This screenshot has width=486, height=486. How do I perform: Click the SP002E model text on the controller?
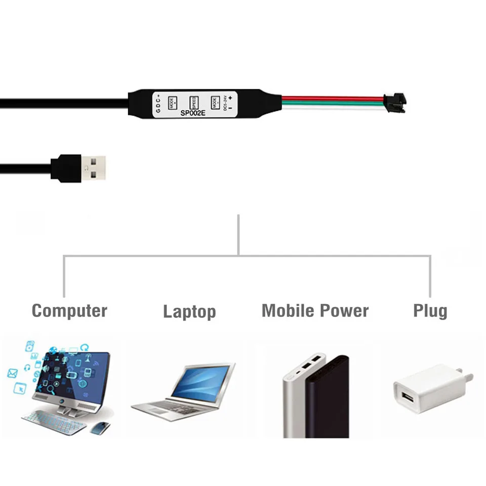pyautogui.click(x=192, y=113)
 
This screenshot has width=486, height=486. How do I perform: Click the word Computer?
pyautogui.click(x=69, y=310)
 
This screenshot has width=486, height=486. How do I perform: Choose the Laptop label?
pyautogui.click(x=189, y=311)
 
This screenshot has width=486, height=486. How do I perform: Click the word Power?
pyautogui.click(x=346, y=310)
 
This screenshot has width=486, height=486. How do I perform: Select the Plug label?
pyautogui.click(x=430, y=311)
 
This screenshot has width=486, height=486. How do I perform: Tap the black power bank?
pyautogui.click(x=329, y=400)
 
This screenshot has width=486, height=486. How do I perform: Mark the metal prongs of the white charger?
pyautogui.click(x=468, y=377)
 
